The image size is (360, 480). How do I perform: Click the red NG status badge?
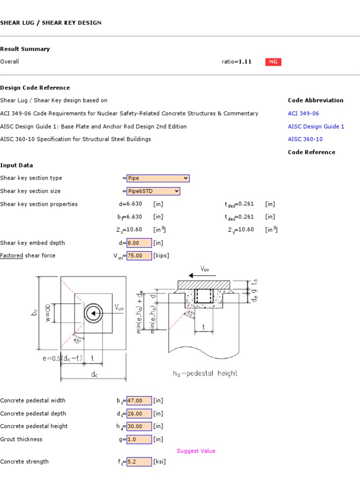point(273,62)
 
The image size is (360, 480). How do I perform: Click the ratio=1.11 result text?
point(236,62)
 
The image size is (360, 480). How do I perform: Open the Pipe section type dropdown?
point(157,178)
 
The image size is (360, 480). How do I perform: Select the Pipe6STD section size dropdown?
point(153,191)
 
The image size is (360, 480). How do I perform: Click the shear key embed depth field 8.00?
point(139,243)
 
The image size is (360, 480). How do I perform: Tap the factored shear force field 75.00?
point(139,255)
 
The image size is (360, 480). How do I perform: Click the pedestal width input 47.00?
point(139,401)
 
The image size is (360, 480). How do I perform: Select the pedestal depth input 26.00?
point(139,413)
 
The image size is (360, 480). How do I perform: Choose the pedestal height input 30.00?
point(139,426)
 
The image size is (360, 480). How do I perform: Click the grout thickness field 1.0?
point(139,439)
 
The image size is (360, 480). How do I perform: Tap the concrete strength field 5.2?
point(139,462)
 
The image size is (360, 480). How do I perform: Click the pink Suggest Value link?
point(196,451)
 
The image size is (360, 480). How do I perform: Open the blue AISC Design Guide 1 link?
point(316,127)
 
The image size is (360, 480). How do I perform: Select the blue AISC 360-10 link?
point(305,139)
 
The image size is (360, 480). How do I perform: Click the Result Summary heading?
point(25,49)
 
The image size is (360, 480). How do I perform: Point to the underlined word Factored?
point(12,255)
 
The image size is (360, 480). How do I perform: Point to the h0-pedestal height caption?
point(205,374)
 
